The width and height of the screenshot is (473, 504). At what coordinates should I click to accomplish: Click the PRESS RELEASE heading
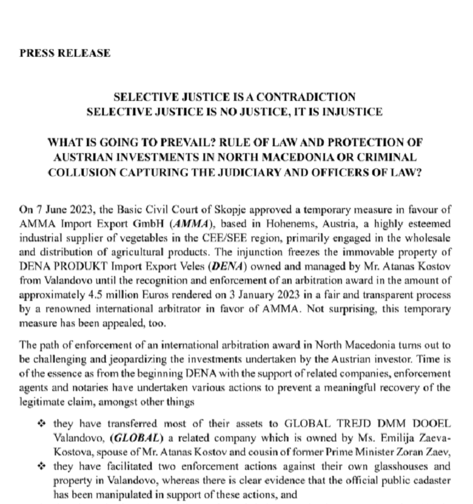(x=65, y=53)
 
